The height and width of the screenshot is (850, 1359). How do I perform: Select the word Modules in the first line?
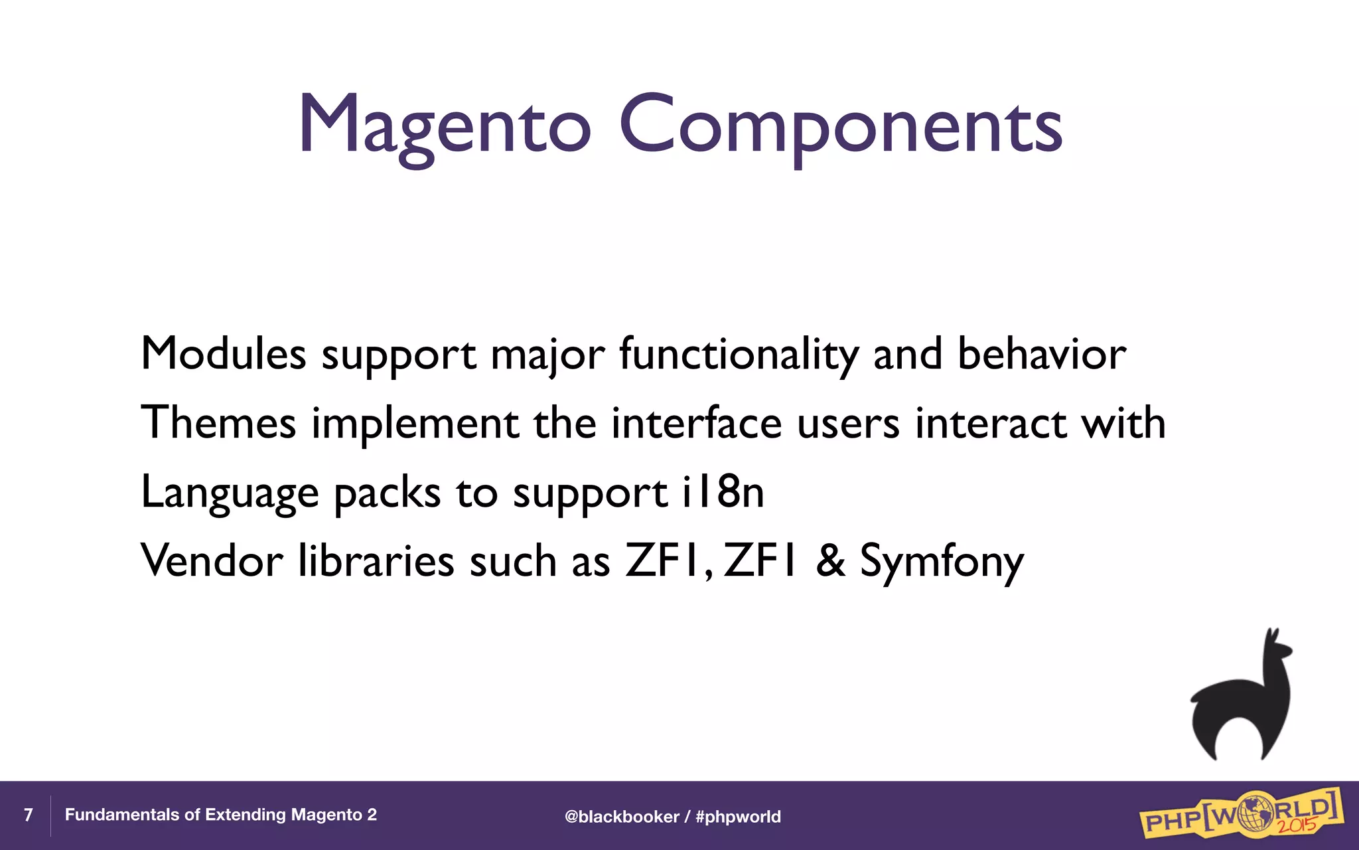[x=224, y=353]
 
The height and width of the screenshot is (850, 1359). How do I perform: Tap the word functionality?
[x=739, y=355]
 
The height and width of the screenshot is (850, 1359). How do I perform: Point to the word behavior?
[x=1041, y=353]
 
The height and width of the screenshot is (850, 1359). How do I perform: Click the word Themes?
[x=218, y=422]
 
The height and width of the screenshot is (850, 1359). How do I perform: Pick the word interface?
[x=696, y=422]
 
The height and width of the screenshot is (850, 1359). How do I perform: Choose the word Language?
[x=230, y=493]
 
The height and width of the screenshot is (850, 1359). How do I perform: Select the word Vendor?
[x=212, y=560]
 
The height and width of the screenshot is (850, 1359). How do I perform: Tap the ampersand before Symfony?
[x=830, y=560]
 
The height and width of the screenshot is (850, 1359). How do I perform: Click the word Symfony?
[x=942, y=562]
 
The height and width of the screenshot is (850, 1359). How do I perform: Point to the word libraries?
[x=376, y=560]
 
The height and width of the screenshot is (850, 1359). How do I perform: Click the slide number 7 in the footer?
[x=28, y=815]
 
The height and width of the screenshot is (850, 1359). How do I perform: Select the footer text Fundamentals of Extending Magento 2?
[x=220, y=815]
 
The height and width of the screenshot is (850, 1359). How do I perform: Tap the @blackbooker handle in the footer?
[x=622, y=816]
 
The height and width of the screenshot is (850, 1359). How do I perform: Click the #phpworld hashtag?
[x=738, y=816]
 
